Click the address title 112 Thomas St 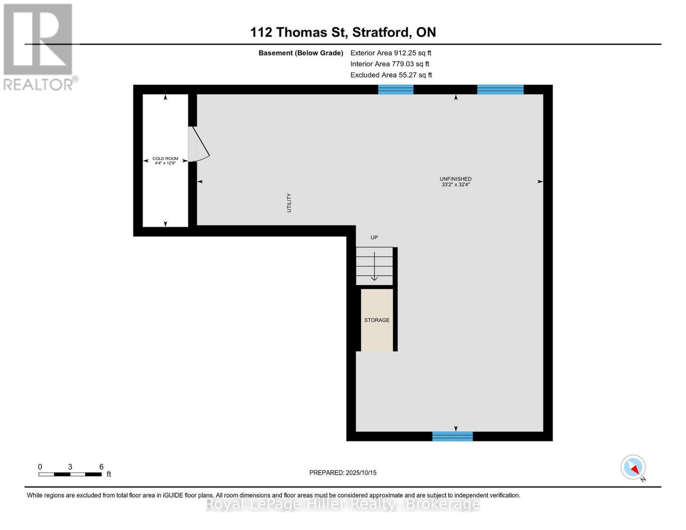point(343,32)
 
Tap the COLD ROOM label point(165,161)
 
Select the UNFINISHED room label point(455,182)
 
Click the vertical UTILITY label point(289,203)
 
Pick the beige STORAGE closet point(377,320)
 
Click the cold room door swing point(199,145)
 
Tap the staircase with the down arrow point(374,266)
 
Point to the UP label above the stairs point(374,238)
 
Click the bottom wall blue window point(452,436)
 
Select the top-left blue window point(395,90)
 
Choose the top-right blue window point(500,90)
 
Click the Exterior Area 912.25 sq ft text point(390,53)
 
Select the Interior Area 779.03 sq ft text point(390,64)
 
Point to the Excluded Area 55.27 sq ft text point(391,75)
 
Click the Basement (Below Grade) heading point(300,53)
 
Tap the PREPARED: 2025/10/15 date point(343,473)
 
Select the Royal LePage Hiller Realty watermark point(343,504)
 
